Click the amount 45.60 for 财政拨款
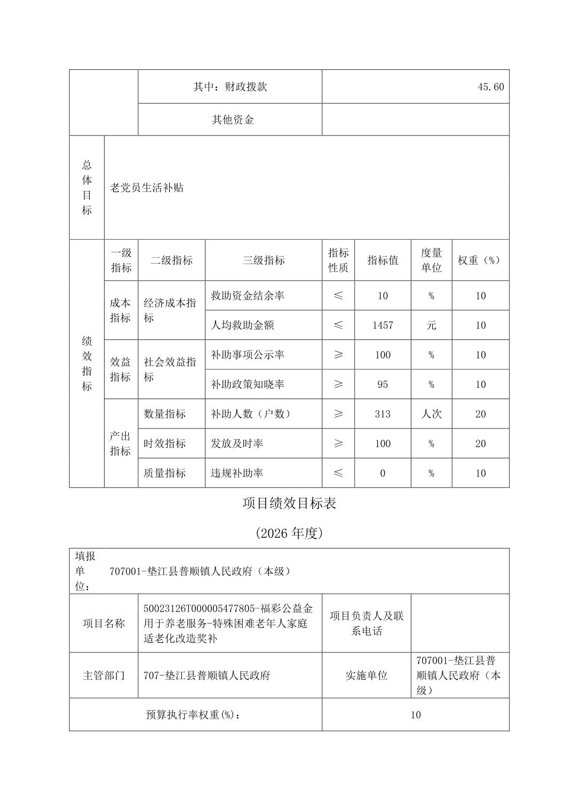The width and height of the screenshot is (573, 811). click(490, 87)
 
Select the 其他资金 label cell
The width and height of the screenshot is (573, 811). click(233, 120)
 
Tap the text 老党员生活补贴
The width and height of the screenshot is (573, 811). click(147, 188)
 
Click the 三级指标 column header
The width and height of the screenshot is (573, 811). click(264, 260)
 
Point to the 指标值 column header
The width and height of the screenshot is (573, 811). click(383, 260)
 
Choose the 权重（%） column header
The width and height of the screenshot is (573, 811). click(480, 260)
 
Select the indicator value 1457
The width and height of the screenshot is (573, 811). click(383, 325)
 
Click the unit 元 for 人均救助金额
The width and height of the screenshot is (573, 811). click(431, 325)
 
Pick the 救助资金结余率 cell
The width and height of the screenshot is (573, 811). click(248, 296)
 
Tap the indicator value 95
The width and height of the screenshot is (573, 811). click(383, 384)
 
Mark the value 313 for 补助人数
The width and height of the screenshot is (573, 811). click(383, 414)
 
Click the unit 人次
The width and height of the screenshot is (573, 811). click(431, 414)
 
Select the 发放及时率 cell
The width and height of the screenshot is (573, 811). click(237, 443)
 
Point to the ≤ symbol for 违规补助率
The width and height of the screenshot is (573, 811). click(338, 473)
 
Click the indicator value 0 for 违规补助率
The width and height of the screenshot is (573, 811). click(383, 473)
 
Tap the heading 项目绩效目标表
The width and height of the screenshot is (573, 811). click(289, 503)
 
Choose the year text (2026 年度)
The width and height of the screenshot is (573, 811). click(289, 533)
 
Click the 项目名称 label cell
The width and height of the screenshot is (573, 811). click(104, 623)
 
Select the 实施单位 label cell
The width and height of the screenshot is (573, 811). click(367, 675)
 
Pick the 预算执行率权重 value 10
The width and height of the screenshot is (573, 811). click(416, 715)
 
